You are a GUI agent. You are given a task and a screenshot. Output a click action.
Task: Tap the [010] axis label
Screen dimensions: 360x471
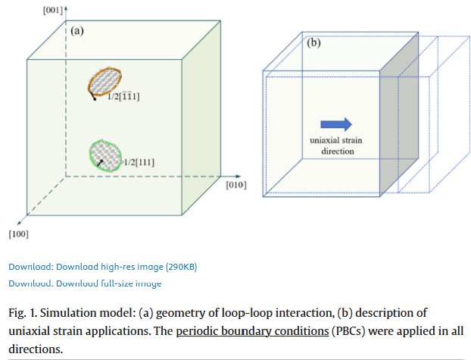pyautogui.click(x=235, y=184)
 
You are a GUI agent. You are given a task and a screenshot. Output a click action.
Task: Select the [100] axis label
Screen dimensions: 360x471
pyautogui.click(x=18, y=233)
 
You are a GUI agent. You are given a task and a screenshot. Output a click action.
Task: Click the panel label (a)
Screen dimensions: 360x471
pyautogui.click(x=76, y=31)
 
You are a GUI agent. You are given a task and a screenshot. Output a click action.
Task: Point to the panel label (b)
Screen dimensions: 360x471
pyautogui.click(x=313, y=43)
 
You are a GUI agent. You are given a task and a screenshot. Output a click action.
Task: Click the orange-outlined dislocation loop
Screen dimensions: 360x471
pyautogui.click(x=105, y=81)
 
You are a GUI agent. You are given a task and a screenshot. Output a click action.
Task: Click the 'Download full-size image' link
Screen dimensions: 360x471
pyautogui.click(x=85, y=283)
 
